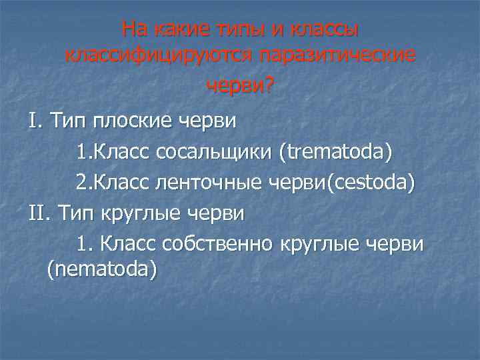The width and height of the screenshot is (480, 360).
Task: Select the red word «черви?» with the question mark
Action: click(x=240, y=86)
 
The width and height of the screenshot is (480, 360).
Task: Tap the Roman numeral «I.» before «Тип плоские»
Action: click(x=35, y=121)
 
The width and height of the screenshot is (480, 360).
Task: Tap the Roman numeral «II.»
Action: click(x=39, y=213)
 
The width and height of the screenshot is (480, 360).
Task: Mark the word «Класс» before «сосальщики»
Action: click(x=124, y=153)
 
